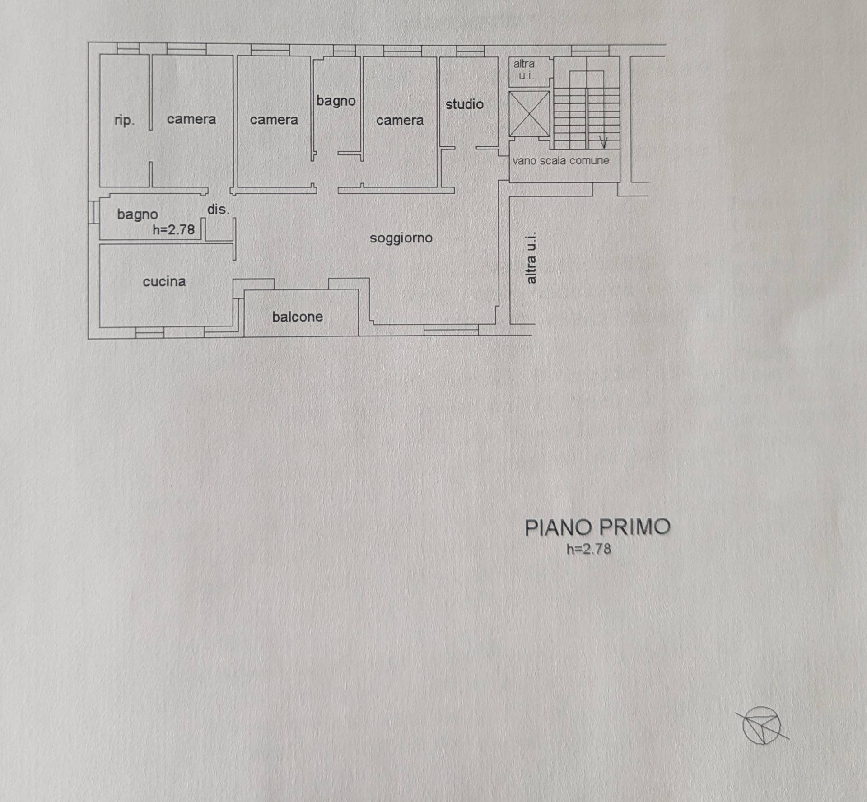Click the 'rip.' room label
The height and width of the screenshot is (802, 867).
[x=124, y=121]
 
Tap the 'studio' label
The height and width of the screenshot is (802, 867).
[x=464, y=104]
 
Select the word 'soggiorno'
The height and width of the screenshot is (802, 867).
[x=401, y=238]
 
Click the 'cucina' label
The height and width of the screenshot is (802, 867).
[x=164, y=282]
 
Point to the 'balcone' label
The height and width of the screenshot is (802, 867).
[x=298, y=317]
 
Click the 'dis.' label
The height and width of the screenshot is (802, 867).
[x=218, y=210]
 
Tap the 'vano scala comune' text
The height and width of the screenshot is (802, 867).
[x=560, y=161]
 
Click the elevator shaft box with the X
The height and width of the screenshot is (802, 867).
[x=529, y=114]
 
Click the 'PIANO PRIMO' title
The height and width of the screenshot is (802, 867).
[x=597, y=527]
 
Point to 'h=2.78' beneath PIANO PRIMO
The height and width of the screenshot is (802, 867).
[x=589, y=549]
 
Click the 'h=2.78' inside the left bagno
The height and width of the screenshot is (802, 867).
[x=173, y=230]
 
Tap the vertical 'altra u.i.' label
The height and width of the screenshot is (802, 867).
[x=531, y=258]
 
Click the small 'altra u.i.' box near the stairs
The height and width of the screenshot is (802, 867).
[x=524, y=70]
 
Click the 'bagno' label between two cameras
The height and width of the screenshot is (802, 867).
[x=336, y=101]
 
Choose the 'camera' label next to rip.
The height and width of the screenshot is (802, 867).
[x=191, y=119]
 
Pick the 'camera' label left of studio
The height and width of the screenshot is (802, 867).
[x=400, y=121]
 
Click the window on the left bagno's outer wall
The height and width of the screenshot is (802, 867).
[x=93, y=212]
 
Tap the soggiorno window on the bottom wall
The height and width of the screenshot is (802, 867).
[x=451, y=330]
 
